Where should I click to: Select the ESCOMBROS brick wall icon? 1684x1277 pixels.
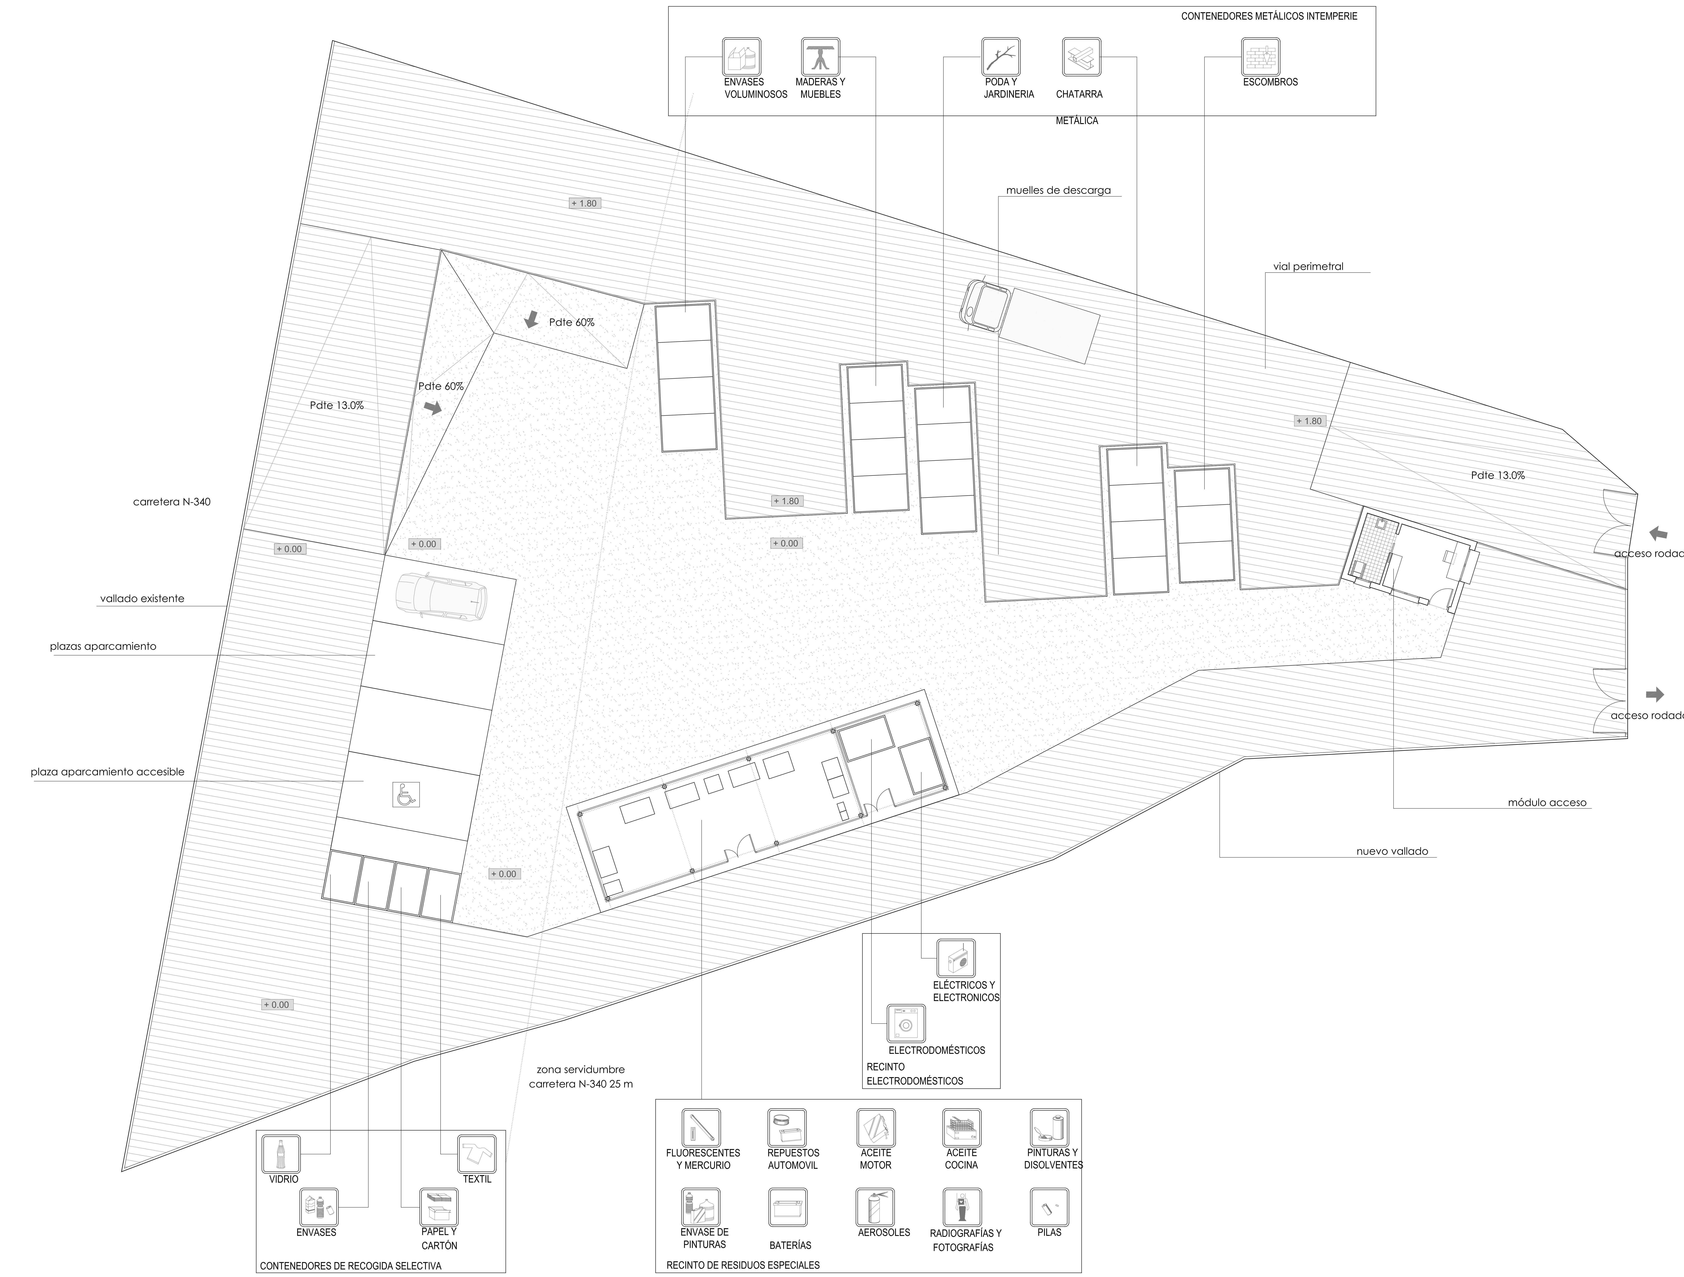1261,56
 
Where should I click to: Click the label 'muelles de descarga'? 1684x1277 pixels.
1058,190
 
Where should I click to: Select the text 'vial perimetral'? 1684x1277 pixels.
1308,266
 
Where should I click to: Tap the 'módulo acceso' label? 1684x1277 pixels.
1547,802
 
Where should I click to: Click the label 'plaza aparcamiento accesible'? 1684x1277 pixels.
107,772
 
